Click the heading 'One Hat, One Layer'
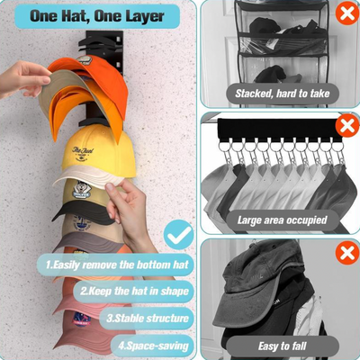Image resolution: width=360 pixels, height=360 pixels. pos(97,16)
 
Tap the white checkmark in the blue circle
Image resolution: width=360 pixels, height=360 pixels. pos(180,234)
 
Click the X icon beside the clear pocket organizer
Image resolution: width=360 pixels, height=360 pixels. pos(347,13)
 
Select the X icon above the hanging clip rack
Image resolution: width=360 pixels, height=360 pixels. pos(347,125)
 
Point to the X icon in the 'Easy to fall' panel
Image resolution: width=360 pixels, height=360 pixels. pos(347,254)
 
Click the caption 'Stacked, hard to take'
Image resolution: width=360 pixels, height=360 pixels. pos(283,94)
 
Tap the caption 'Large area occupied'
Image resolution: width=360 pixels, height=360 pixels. pos(282,220)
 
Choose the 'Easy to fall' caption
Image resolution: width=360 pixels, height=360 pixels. pos(282,346)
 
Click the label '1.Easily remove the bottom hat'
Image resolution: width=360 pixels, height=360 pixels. pos(117,265)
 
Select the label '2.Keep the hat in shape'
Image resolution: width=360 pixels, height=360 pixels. pos(134,292)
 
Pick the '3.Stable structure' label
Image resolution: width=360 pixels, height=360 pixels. pos(148,319)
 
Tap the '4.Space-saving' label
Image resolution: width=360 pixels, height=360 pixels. pos(153,346)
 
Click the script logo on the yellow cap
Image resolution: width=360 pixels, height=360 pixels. pos(83,154)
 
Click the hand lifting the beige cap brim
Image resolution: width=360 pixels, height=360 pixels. pos(24,79)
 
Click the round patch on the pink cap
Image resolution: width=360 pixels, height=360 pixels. pos(82,319)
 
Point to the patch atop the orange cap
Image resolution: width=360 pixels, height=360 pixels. pos(85,59)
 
